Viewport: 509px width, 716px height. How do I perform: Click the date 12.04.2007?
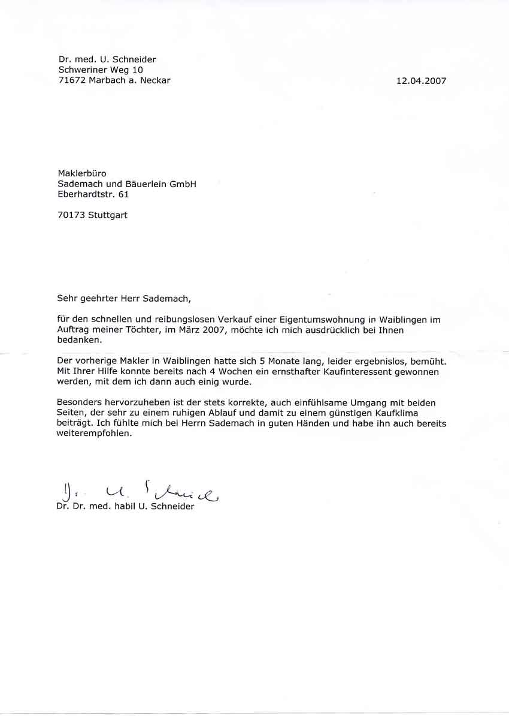click(421, 81)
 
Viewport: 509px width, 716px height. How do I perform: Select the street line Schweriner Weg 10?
click(101, 70)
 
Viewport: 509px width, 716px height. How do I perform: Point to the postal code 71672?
click(72, 81)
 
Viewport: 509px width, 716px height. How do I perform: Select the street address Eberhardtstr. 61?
click(93, 195)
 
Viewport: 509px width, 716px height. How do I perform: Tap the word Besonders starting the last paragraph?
click(81, 403)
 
